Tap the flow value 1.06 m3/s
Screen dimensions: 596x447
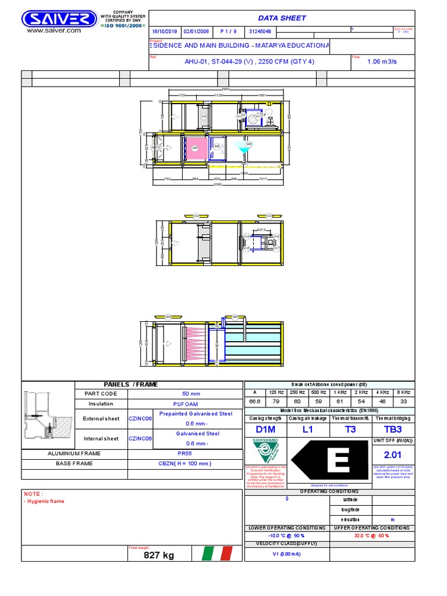click(383, 61)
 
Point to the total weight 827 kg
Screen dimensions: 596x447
click(159, 555)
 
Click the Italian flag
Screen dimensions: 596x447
click(217, 554)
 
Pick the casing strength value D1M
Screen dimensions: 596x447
click(264, 430)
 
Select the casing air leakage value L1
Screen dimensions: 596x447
click(307, 430)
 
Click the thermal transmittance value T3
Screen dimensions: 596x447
click(350, 430)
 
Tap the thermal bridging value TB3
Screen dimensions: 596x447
click(393, 430)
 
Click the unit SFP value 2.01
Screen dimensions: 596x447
click(393, 455)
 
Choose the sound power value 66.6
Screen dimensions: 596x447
click(254, 402)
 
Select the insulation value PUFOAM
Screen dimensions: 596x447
click(185, 403)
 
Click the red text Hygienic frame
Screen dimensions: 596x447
click(46, 501)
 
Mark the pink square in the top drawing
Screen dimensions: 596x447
click(195, 148)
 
